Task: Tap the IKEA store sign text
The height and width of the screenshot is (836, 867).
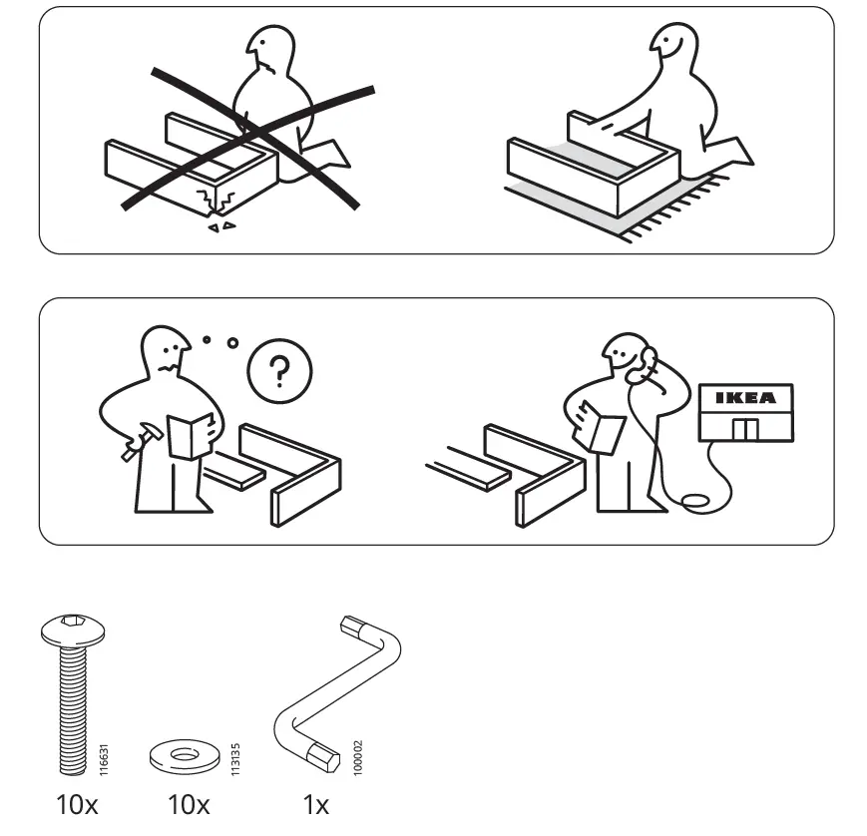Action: [x=745, y=398]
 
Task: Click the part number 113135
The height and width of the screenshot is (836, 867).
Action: [x=235, y=759]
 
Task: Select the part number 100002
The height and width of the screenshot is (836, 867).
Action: [x=358, y=758]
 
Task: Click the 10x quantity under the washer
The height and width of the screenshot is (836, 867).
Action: [x=188, y=804]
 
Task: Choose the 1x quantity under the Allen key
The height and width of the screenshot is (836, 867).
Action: [x=316, y=804]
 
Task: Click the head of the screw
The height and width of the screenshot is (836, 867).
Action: [x=73, y=629]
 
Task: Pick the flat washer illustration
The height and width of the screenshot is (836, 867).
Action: [x=185, y=755]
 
